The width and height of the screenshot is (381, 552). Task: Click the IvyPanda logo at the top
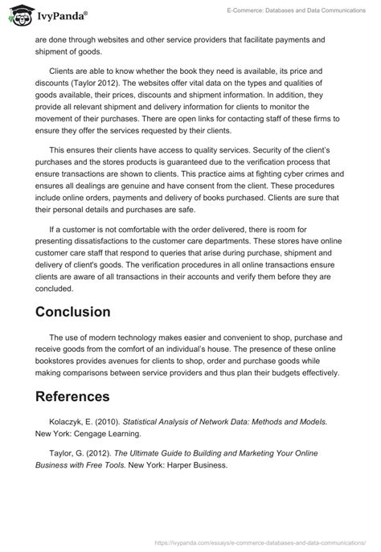[48, 14]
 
